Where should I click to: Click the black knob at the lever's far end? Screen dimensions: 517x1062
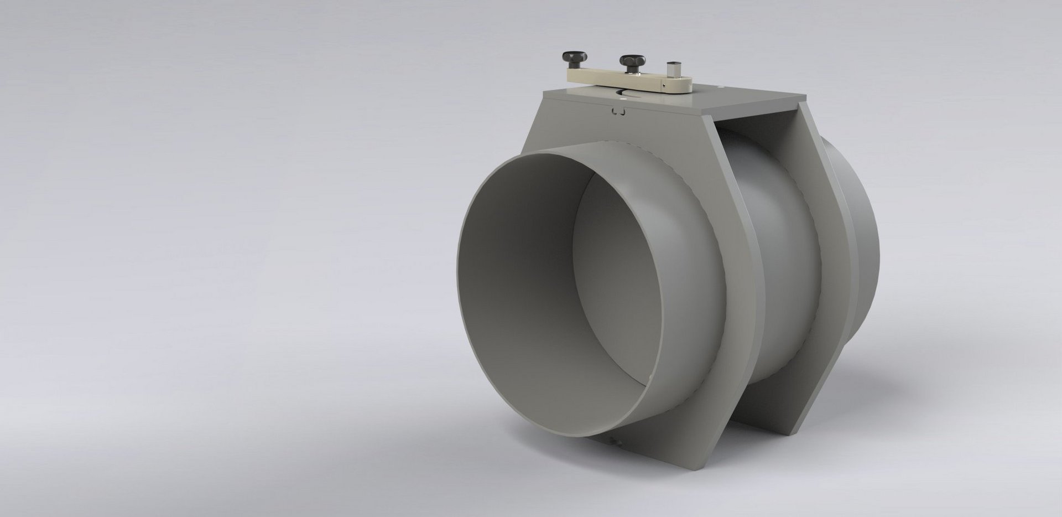570,58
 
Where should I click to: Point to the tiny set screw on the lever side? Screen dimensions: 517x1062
663,86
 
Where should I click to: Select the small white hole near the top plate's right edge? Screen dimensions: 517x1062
720,86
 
